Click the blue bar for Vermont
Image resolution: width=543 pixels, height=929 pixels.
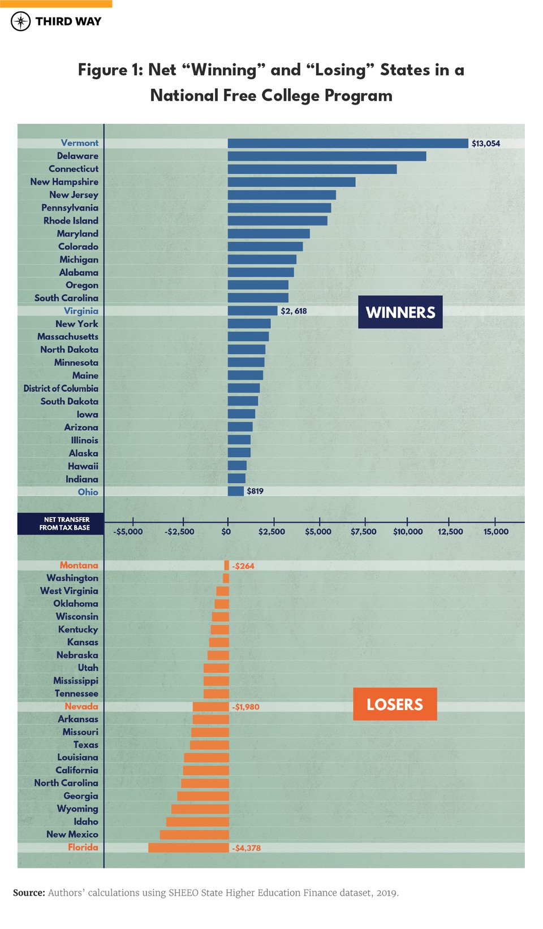pyautogui.click(x=348, y=144)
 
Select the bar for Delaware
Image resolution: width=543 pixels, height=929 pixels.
pyautogui.click(x=326, y=156)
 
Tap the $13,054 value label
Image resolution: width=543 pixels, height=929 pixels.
pyautogui.click(x=486, y=144)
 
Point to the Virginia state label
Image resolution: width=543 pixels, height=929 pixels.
pyautogui.click(x=81, y=311)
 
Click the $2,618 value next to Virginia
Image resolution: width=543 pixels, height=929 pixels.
pyautogui.click(x=294, y=311)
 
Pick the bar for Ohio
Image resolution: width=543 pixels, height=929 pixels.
pyautogui.click(x=235, y=491)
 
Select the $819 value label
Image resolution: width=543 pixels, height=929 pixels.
pyautogui.click(x=255, y=491)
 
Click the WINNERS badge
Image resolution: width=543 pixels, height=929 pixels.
pyautogui.click(x=400, y=312)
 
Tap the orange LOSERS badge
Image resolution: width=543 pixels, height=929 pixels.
pyautogui.click(x=395, y=704)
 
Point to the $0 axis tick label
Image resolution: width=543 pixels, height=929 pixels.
pyautogui.click(x=226, y=532)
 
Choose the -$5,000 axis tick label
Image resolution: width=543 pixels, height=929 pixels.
pyautogui.click(x=128, y=532)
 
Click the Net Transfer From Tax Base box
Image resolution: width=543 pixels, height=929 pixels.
pyautogui.click(x=61, y=524)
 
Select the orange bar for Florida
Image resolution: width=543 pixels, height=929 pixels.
pyautogui.click(x=188, y=848)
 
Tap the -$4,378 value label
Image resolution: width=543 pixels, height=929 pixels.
pyautogui.click(x=247, y=848)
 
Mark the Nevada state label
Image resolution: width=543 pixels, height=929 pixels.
pyautogui.click(x=81, y=706)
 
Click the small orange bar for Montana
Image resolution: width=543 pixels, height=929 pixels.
pyautogui.click(x=227, y=565)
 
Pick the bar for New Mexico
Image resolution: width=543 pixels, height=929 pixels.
pyautogui.click(x=195, y=835)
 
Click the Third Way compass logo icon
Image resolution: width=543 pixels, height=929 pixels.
pyautogui.click(x=21, y=21)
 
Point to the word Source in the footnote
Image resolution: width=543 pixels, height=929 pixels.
pyautogui.click(x=29, y=893)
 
